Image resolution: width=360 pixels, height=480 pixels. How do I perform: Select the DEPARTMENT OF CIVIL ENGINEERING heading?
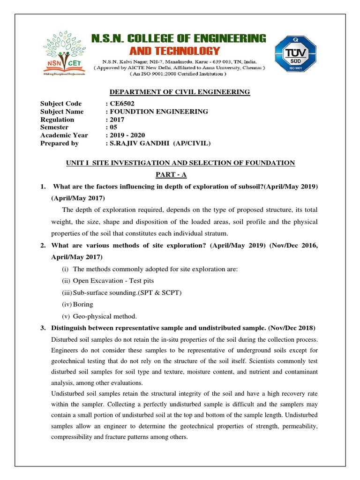click(x=180, y=92)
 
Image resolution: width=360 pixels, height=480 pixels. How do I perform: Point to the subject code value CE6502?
click(x=120, y=104)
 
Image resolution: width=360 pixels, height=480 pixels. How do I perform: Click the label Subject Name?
click(x=62, y=112)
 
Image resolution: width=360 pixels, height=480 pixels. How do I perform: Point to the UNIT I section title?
click(x=180, y=163)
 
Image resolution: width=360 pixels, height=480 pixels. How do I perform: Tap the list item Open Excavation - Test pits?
click(x=113, y=281)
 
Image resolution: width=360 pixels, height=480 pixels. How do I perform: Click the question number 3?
click(x=43, y=327)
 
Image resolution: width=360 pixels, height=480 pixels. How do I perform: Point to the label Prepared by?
click(x=60, y=143)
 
